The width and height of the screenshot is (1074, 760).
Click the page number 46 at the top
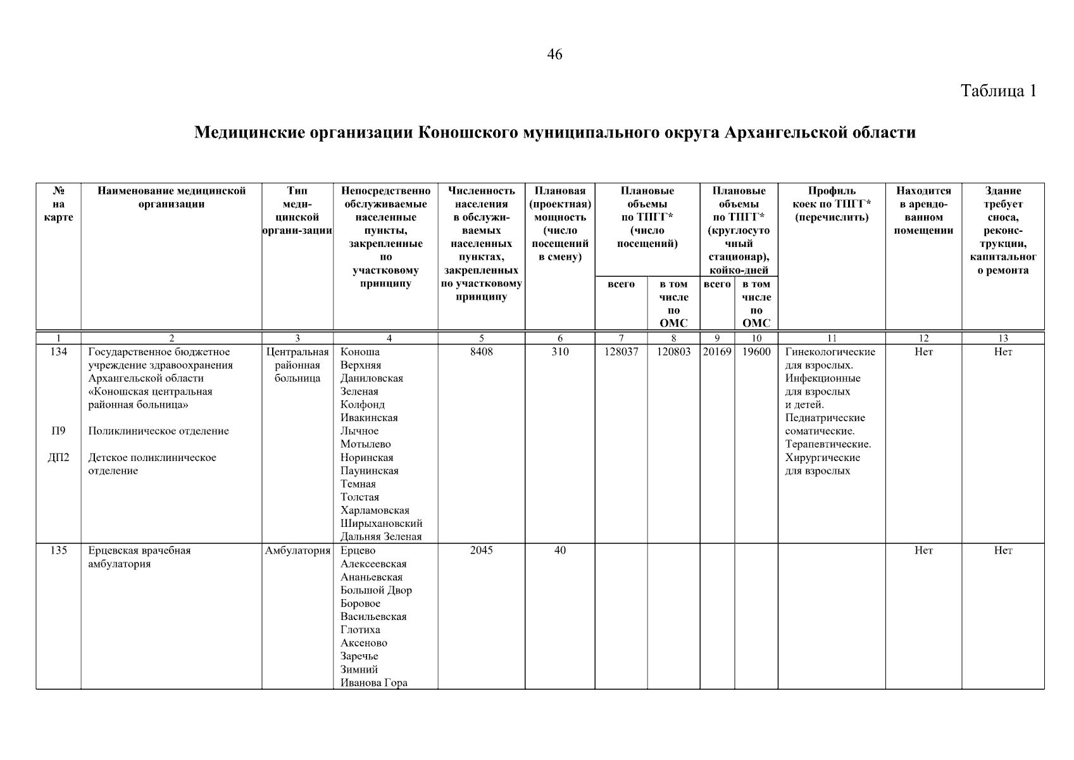click(x=554, y=54)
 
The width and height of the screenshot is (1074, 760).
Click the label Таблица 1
click(x=999, y=91)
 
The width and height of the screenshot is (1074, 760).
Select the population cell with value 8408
click(x=481, y=352)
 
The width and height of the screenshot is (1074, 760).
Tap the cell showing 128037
click(x=621, y=352)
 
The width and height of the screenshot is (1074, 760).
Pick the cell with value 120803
click(x=673, y=352)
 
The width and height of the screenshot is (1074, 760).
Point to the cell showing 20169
click(x=717, y=352)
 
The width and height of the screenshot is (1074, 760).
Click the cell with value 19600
click(x=756, y=352)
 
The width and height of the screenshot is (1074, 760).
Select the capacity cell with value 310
click(x=559, y=352)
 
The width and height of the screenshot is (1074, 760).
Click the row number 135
click(x=58, y=551)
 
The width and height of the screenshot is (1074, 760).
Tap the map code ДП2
click(x=58, y=458)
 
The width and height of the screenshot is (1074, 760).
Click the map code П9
click(x=58, y=431)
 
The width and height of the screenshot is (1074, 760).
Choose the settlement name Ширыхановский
click(x=381, y=524)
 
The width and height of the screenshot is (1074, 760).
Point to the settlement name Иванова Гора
click(x=373, y=683)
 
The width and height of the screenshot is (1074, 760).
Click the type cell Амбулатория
click(x=297, y=551)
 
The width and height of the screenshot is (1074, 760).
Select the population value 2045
click(x=481, y=551)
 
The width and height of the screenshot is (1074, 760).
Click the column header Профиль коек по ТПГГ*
click(x=831, y=204)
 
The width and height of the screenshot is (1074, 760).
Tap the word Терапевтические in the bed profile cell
click(x=828, y=445)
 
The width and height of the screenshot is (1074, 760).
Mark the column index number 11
click(x=831, y=338)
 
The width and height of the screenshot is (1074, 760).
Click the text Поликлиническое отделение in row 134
click(x=158, y=431)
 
